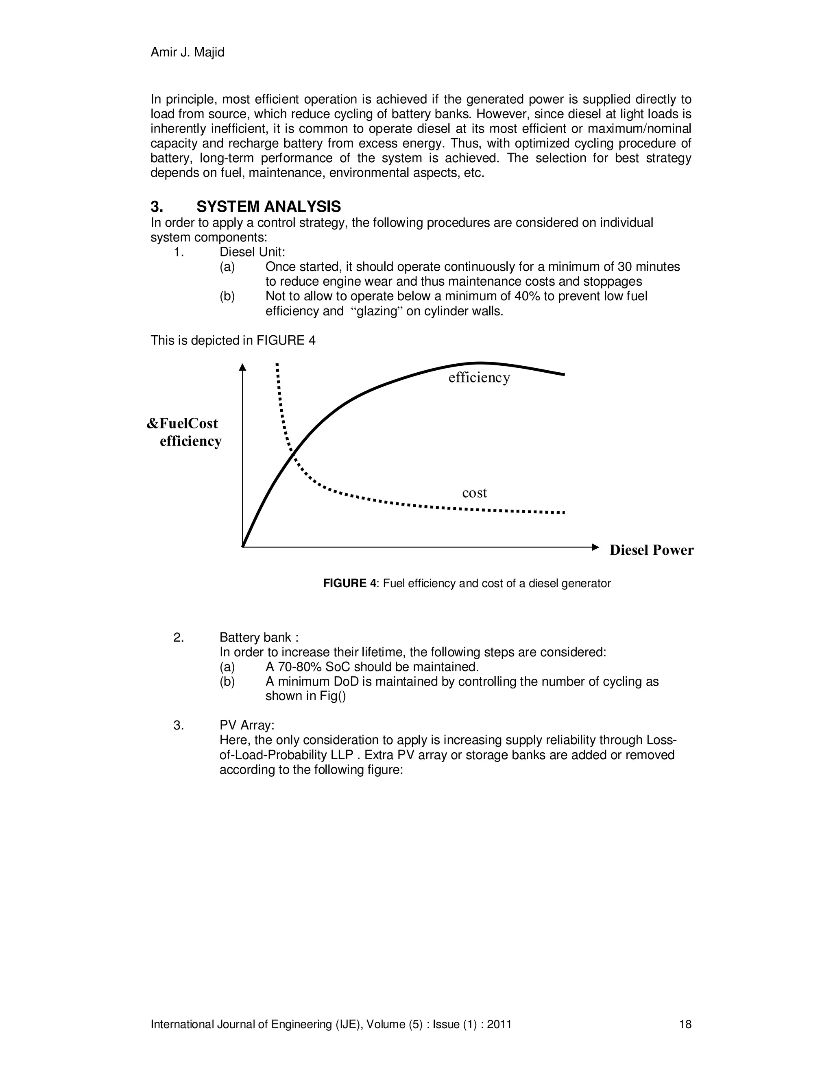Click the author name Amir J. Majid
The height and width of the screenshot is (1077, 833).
[x=187, y=52]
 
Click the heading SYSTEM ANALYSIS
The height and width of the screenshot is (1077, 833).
[x=268, y=206]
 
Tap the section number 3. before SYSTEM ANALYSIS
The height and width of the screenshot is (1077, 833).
[x=157, y=206]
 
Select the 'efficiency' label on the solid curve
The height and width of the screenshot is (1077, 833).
[x=479, y=378]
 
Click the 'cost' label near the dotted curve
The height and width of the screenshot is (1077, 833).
[x=474, y=493]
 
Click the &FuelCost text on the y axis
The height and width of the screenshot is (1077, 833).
[x=182, y=423]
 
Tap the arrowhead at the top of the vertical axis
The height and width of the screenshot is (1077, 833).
[x=242, y=367]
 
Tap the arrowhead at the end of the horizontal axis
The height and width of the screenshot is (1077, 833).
[x=595, y=547]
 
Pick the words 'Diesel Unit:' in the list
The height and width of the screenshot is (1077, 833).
[x=252, y=252]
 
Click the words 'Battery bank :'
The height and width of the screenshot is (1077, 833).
[x=259, y=638]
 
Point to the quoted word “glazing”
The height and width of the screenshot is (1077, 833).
[x=379, y=311]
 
